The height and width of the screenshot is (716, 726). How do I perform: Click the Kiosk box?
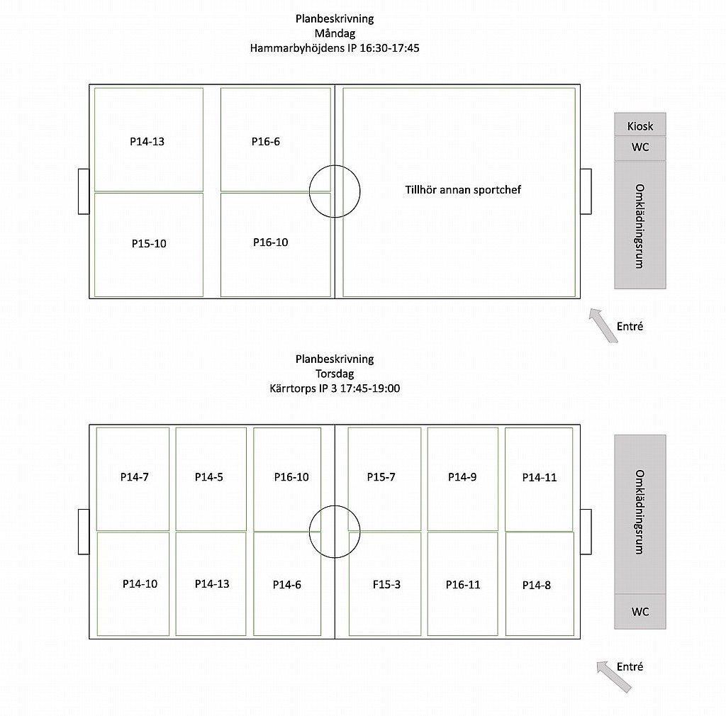point(640,124)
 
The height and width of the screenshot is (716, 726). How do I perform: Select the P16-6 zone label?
point(266,142)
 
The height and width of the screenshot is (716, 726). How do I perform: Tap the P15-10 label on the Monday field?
point(149,243)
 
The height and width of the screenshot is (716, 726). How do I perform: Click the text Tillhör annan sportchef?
point(463,190)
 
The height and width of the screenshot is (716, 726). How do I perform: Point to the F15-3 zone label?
point(386,585)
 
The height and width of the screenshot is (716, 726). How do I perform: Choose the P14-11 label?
point(540,478)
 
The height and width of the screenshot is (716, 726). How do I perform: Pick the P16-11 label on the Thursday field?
point(463,585)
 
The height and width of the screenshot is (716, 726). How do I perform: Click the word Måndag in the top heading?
point(335,33)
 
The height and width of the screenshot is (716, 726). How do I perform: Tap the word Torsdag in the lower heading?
point(335,374)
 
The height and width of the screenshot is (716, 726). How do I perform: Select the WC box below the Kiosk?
point(640,148)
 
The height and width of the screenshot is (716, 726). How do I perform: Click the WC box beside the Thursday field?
point(640,611)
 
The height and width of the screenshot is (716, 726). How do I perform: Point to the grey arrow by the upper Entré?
point(603,325)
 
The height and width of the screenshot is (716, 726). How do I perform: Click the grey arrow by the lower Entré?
point(613,677)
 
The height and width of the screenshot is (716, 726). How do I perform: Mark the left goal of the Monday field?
point(84,191)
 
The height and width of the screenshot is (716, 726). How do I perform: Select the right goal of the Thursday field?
point(586,532)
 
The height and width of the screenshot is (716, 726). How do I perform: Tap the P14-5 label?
point(209,477)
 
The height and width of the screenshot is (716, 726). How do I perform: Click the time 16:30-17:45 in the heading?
point(389,48)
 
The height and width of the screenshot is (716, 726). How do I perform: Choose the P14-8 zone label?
point(537,586)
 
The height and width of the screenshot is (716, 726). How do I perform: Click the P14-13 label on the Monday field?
point(147,142)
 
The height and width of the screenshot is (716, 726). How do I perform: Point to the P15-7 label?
point(381,477)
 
